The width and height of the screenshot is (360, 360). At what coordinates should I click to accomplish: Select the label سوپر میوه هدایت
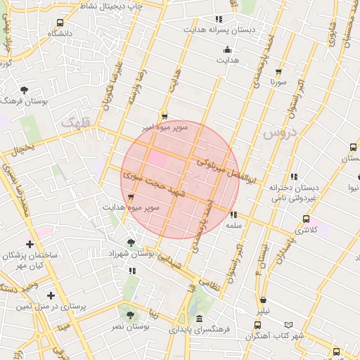coord(131,208)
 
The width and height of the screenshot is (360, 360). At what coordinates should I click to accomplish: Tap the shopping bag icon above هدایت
coord(227,50)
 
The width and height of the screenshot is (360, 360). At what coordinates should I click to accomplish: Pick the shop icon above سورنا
coord(278,72)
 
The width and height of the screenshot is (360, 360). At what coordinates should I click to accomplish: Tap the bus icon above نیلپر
coord(264,300)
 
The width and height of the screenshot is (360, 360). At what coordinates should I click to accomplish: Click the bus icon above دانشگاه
coord(60,22)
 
